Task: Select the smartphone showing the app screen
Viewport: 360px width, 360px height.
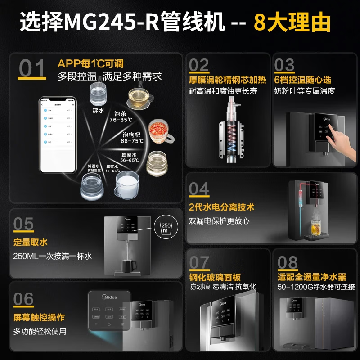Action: click(x=58, y=135)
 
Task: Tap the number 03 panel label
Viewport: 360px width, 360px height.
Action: click(x=284, y=65)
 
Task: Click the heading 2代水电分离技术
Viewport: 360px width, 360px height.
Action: click(x=222, y=207)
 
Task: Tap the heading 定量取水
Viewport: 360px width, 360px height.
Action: click(x=31, y=243)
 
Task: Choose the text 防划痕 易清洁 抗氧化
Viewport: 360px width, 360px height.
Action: click(x=223, y=287)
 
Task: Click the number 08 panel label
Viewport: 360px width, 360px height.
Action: click(x=288, y=262)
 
